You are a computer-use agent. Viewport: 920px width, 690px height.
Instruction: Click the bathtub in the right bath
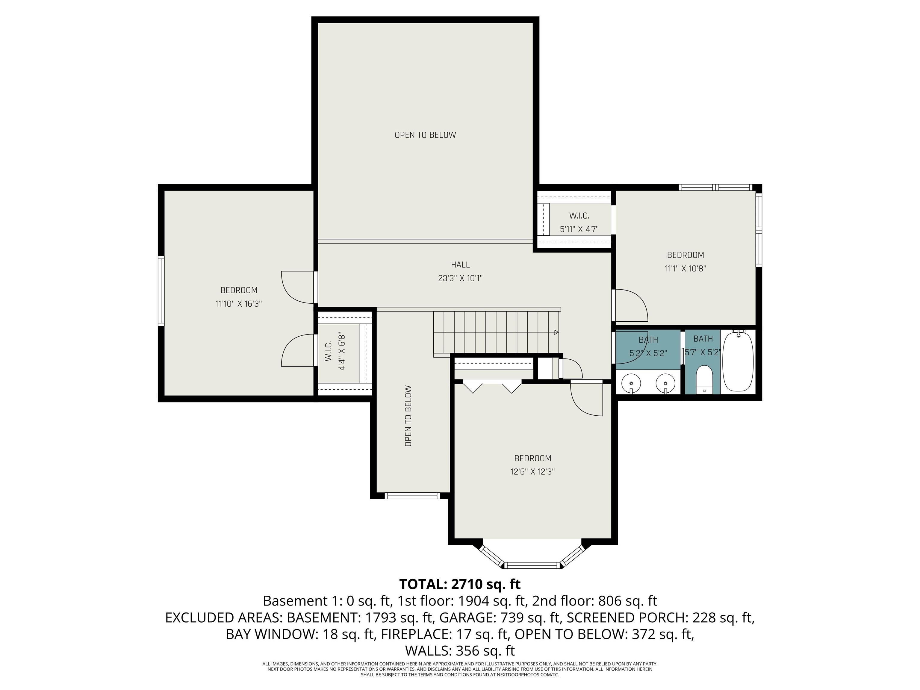(x=738, y=361)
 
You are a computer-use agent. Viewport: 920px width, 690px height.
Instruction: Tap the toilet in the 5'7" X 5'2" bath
(x=704, y=379)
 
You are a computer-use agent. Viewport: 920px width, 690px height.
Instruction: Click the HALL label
(x=460, y=264)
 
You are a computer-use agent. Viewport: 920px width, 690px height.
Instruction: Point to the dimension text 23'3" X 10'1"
(x=460, y=278)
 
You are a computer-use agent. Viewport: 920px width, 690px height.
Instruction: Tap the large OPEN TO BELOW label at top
(x=425, y=135)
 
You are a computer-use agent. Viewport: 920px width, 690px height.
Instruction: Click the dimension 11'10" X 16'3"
(x=239, y=304)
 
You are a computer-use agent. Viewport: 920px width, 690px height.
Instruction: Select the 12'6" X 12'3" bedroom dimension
(x=532, y=472)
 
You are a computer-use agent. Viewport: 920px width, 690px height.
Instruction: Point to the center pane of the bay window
(x=532, y=565)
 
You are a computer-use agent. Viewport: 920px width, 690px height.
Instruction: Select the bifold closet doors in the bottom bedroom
(x=492, y=386)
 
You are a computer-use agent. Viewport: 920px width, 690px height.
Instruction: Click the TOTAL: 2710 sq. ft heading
(x=460, y=584)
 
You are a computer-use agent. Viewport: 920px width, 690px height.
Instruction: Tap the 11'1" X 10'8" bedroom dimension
(x=686, y=268)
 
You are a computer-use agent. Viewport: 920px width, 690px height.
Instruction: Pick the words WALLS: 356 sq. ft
(x=460, y=650)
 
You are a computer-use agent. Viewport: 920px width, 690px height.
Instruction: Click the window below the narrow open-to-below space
(x=412, y=495)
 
